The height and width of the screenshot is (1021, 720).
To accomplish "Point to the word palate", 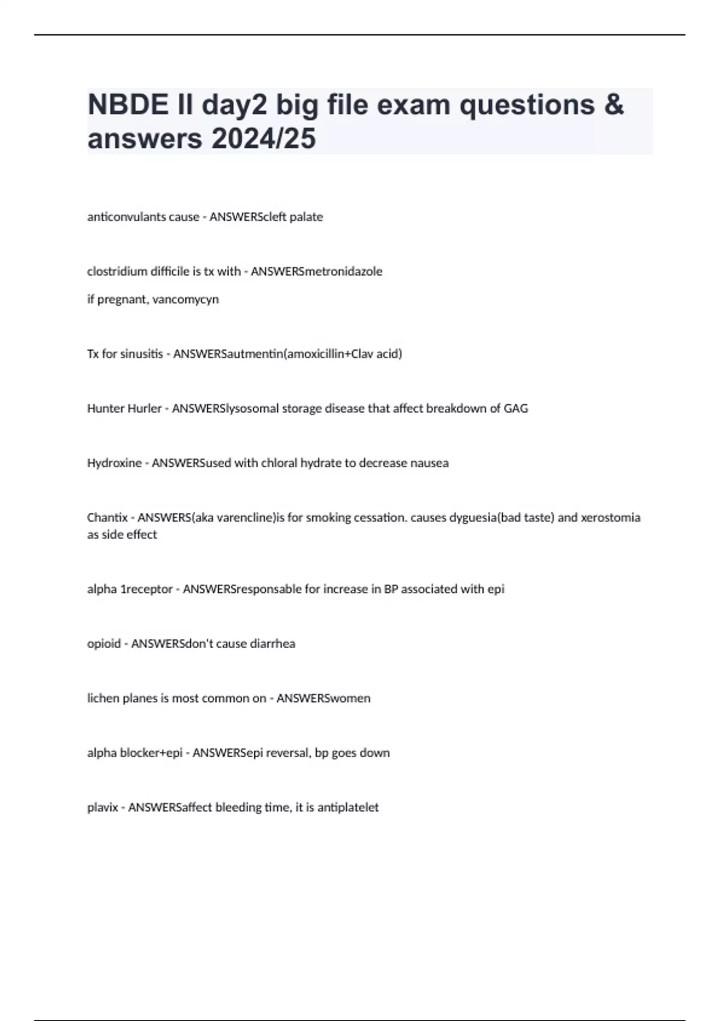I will (x=306, y=217).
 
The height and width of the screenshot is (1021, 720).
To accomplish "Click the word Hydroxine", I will (x=115, y=463).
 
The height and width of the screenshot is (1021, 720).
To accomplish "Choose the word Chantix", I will (x=107, y=518).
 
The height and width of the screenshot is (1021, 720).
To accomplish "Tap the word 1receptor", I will (x=147, y=589).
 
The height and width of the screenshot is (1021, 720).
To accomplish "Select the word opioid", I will (x=104, y=644).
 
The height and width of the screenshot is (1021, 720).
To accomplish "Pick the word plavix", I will (x=103, y=808).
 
